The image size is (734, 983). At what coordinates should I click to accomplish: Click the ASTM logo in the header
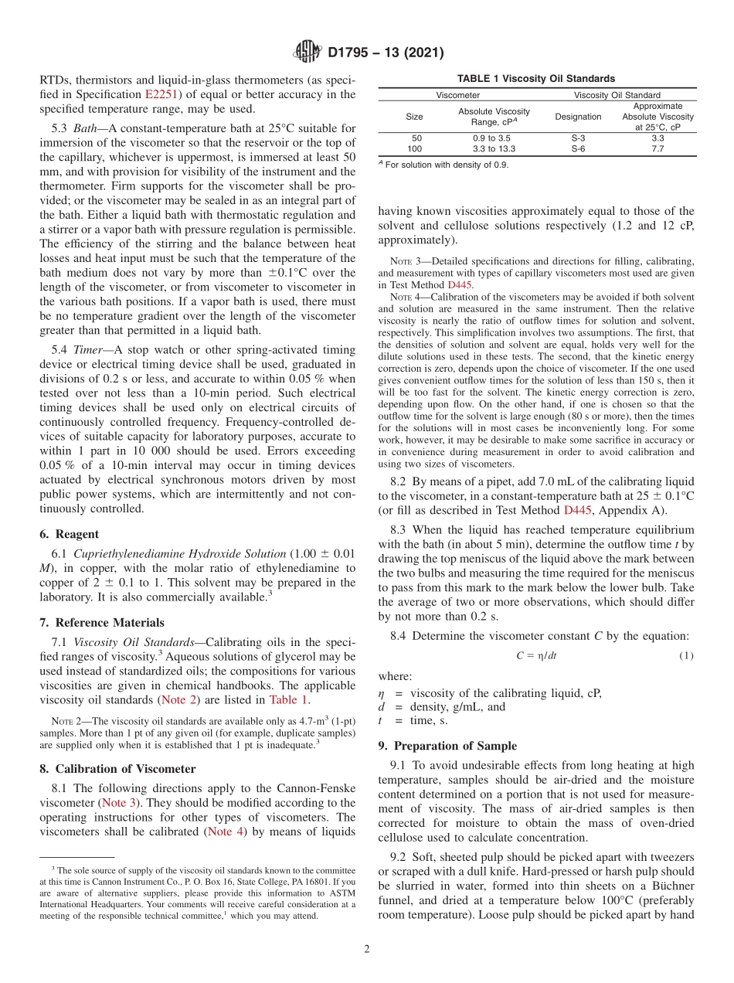click(308, 53)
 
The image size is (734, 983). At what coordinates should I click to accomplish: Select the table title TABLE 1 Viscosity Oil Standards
click(535, 79)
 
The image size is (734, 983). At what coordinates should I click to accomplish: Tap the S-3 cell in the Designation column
click(577, 138)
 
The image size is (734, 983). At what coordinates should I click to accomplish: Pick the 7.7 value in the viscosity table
click(658, 148)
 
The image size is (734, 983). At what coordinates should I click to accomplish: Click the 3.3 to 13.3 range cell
click(494, 148)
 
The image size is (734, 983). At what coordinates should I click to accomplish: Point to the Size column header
click(414, 117)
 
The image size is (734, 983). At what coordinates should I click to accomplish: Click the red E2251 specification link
click(161, 95)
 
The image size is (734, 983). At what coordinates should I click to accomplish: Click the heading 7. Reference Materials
click(101, 623)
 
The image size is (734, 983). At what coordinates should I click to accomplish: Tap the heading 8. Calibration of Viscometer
click(117, 769)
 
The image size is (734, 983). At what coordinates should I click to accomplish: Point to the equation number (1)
click(687, 655)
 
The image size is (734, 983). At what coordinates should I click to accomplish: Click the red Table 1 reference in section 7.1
click(288, 700)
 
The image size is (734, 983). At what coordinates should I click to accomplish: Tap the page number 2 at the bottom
click(367, 948)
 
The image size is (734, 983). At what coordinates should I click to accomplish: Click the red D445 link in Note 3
click(460, 284)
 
